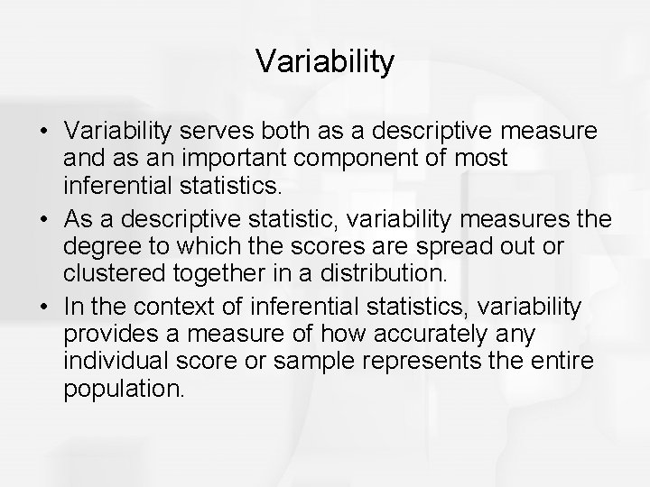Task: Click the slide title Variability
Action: [325, 61]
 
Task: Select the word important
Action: [241, 158]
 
